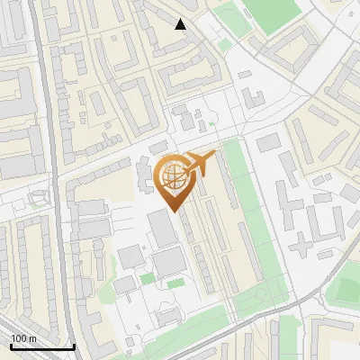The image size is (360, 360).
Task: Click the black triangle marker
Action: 181,24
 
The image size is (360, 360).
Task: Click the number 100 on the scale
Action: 19,338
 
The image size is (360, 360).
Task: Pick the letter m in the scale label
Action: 32,338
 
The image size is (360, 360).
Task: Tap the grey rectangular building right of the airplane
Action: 268,142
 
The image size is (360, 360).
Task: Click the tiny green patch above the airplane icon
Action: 212,123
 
